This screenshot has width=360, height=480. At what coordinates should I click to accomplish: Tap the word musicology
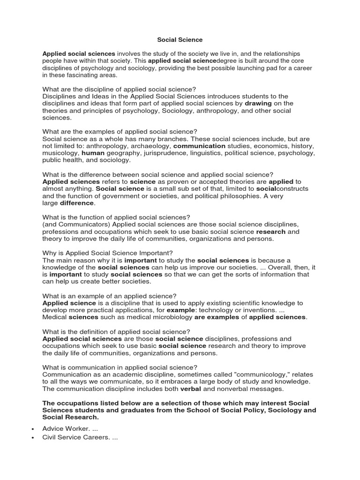tap(60, 153)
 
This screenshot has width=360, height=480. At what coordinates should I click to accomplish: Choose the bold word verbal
tap(191, 389)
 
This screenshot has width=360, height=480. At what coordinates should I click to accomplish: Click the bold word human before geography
tap(93, 153)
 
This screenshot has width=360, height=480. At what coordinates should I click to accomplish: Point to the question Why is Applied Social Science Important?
tap(108, 253)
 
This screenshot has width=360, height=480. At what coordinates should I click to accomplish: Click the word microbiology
tap(164, 317)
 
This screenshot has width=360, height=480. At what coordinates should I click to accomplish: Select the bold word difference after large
tap(77, 203)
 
